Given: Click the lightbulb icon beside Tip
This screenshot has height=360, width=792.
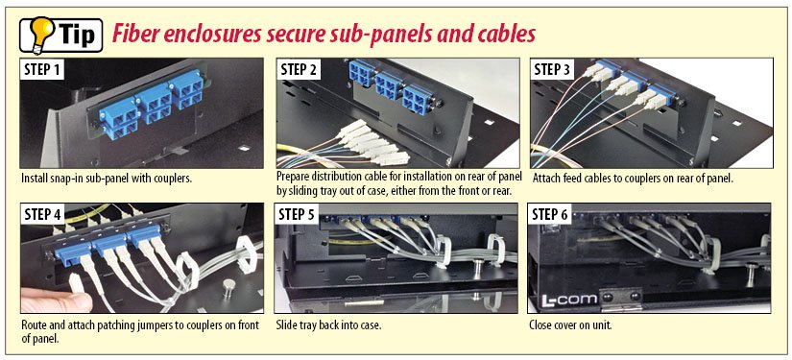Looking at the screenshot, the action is coord(40,33).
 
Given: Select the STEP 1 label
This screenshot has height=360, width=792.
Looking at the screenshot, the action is coord(43,70).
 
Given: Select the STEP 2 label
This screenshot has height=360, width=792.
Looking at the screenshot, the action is coord(299,70).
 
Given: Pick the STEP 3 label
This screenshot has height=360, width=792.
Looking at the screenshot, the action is coord(553,70).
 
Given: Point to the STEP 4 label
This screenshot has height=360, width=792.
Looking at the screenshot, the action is coord(43,215).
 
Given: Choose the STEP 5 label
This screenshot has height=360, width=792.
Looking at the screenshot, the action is coord(297,215).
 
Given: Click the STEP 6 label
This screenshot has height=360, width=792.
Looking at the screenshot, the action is coord(551,215).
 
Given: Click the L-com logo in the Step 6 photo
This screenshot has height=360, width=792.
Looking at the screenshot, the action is coord(568,300).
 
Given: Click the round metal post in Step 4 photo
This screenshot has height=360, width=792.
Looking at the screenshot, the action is coord(228,285).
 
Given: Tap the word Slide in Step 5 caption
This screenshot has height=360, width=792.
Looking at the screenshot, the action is coord(286,325).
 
